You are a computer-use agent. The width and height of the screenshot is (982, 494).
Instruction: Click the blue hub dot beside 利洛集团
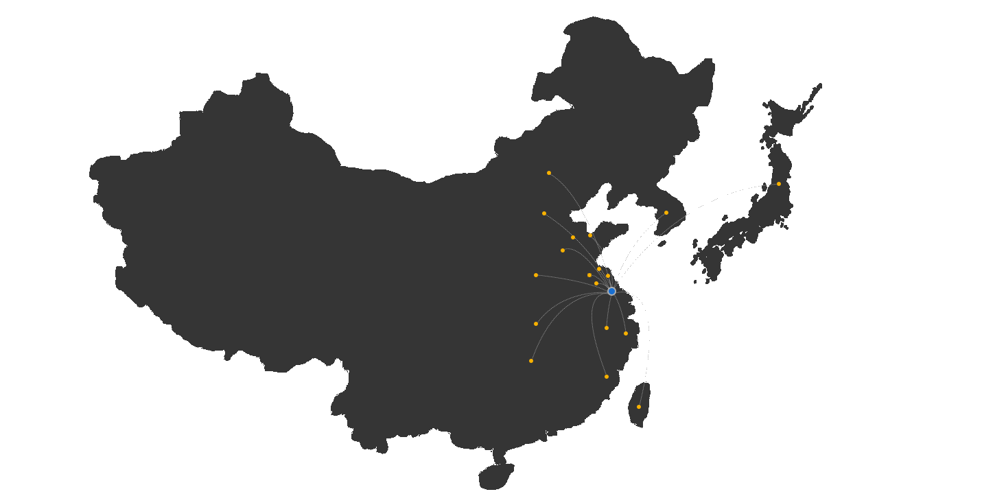click(611, 291)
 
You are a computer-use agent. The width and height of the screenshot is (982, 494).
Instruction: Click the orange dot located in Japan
click(778, 184)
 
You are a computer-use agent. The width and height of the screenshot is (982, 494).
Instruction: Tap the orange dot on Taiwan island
click(639, 407)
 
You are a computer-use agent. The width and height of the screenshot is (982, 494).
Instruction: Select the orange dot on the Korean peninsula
click(666, 213)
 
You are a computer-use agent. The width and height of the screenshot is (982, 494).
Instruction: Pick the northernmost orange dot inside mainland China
click(549, 173)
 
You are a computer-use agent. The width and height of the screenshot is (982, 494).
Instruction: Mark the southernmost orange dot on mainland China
click(606, 377)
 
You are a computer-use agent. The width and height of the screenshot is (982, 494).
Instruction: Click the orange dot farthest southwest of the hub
click(531, 361)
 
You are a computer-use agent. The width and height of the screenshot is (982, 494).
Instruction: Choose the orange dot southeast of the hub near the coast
click(625, 333)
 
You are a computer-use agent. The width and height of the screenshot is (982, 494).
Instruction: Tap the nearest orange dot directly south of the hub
click(606, 328)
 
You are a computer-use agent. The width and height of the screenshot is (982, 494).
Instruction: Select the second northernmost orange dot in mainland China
click(544, 213)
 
